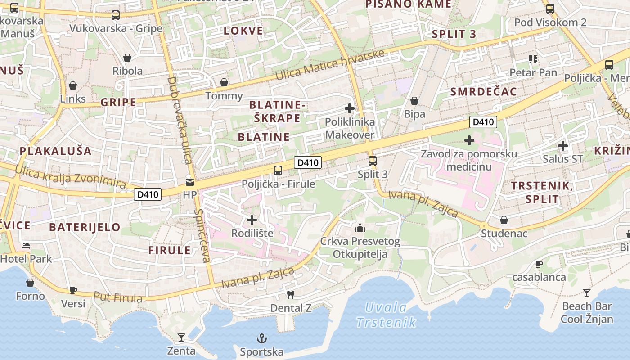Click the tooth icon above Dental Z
290,294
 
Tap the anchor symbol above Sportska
261,338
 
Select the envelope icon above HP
190,182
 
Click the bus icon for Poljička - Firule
278,170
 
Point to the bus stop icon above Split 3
372,161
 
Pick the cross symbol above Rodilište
252,220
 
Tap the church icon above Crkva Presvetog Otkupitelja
360,228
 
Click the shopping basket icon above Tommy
224,82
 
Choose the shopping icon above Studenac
504,220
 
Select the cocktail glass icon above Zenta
181,337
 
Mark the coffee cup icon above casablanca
539,264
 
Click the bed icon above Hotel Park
26,246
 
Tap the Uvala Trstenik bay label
386,315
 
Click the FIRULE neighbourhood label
170,251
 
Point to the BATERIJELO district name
85,227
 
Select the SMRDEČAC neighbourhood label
484,92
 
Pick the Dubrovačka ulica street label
180,120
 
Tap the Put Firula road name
118,297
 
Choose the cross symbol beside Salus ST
562,146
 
